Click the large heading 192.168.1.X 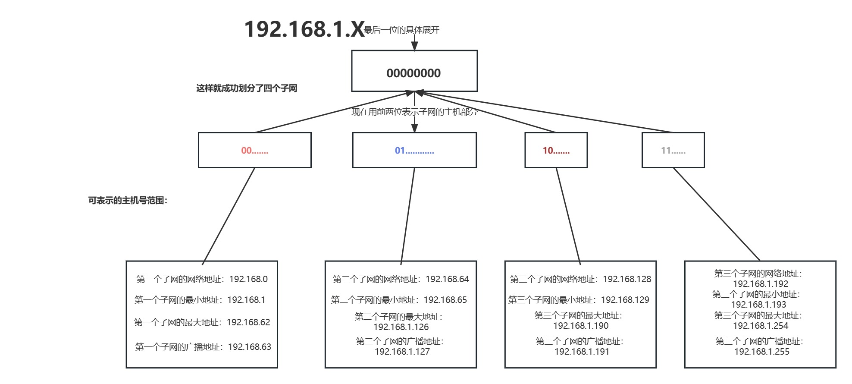(x=304, y=29)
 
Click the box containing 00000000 (x=414, y=71)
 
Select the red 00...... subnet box (x=254, y=150)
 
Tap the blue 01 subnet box (x=414, y=150)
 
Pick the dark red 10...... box (x=556, y=150)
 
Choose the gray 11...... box (x=673, y=150)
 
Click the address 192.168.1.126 (x=401, y=327)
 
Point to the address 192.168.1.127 (x=402, y=352)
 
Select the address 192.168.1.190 (x=581, y=326)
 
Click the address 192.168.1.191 (x=582, y=352)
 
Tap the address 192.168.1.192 (x=761, y=284)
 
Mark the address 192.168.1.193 (x=758, y=305)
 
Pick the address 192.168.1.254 (x=761, y=326)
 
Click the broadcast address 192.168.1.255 (x=761, y=352)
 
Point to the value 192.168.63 (x=249, y=347)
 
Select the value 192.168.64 (x=447, y=279)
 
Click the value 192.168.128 (x=627, y=279)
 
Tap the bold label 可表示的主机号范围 (x=128, y=201)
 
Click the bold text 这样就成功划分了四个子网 (x=247, y=88)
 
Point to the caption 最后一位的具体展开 (x=401, y=30)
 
